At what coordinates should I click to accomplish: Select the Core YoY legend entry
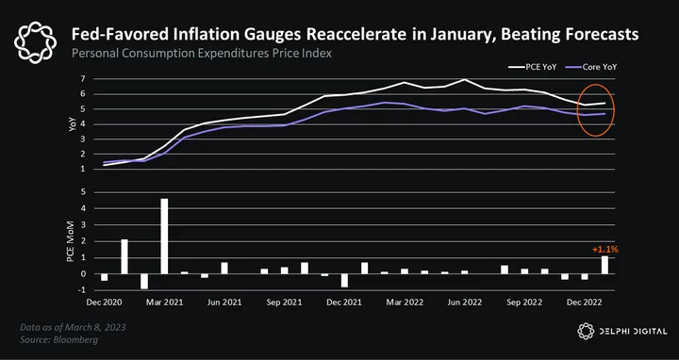point(591,67)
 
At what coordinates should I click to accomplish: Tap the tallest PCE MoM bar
point(164,237)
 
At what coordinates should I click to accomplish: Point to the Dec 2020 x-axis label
point(104,303)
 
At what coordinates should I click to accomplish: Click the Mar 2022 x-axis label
point(406,303)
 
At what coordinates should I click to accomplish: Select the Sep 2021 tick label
point(284,303)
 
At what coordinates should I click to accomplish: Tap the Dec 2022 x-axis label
point(584,303)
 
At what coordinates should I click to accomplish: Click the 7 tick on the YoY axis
point(82,79)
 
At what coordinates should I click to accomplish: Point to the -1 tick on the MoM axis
point(81,290)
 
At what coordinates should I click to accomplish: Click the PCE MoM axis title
point(70,241)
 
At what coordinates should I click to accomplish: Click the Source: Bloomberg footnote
point(58,339)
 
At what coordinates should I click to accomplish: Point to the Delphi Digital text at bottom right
point(634,332)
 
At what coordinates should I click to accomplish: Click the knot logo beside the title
point(36,42)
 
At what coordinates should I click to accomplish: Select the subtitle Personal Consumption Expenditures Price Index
point(202,54)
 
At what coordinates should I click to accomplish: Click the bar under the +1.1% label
point(604,265)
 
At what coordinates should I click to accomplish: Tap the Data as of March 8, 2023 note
point(73,327)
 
